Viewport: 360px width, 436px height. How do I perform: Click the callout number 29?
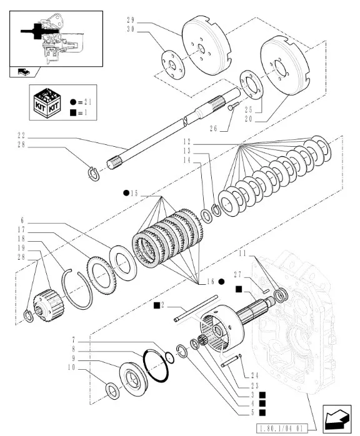click(x=131, y=20)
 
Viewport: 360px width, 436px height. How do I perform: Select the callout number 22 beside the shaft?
click(x=21, y=136)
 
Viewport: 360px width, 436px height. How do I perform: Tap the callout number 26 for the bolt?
click(x=213, y=129)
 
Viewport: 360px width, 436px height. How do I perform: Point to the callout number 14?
click(x=187, y=161)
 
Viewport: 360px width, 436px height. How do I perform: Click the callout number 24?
click(x=254, y=375)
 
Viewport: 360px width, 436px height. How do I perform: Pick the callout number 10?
click(x=71, y=367)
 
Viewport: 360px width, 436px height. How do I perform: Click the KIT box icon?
click(x=47, y=102)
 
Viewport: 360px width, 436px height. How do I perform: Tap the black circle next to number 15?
click(x=126, y=193)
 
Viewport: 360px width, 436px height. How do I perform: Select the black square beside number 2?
click(x=157, y=305)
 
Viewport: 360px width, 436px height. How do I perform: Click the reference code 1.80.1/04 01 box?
click(x=281, y=428)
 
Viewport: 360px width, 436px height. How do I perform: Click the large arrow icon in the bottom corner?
click(x=337, y=419)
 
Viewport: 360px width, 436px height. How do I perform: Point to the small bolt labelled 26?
click(x=233, y=106)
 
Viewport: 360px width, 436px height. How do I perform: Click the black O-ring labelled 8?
click(x=156, y=367)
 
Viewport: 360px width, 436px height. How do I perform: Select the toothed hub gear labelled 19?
click(x=49, y=305)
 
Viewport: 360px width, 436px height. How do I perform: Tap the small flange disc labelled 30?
click(x=173, y=65)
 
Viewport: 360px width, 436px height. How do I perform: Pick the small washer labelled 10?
click(x=113, y=390)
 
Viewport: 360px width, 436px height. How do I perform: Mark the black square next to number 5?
click(x=262, y=413)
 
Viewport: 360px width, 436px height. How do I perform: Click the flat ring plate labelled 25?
click(x=251, y=84)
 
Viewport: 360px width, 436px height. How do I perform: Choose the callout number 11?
click(x=242, y=254)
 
